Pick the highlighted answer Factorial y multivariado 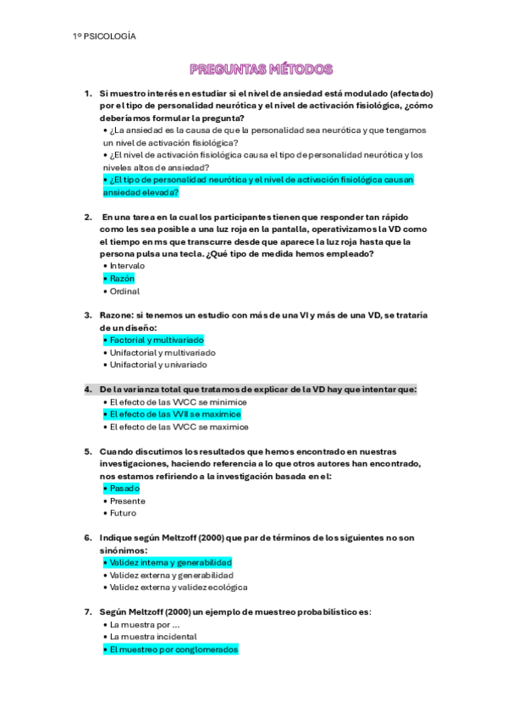154,340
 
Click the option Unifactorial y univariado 159,365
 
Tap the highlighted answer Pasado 122,489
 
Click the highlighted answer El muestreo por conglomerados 172,649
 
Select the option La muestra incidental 152,637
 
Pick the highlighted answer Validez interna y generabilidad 168,562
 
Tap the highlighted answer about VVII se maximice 173,415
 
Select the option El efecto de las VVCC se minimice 176,402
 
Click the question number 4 88,389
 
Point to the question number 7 88,611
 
